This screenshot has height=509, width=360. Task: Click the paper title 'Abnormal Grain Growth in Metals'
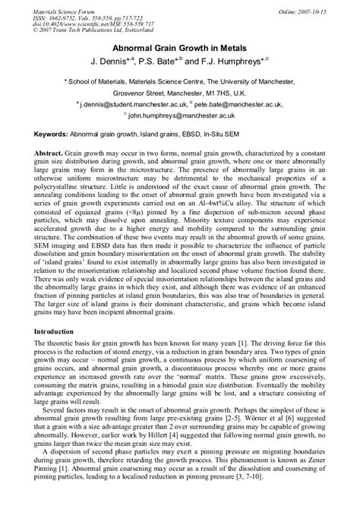pos(179,45)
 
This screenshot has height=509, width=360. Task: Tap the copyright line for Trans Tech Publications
pos(88,31)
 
